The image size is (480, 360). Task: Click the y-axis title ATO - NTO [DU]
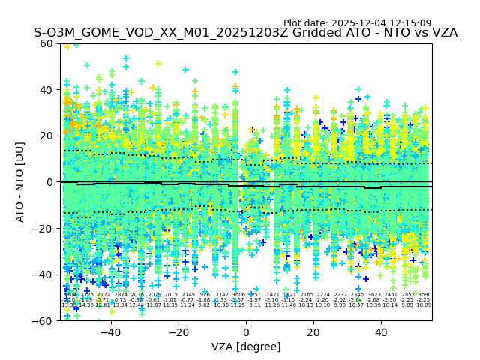coord(20,182)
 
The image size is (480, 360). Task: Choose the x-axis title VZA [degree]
coord(246,346)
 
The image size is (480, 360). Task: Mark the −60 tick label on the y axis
coord(43,321)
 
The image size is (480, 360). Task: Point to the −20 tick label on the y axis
coord(43,229)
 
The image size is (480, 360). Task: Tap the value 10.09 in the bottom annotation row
coord(424,305)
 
